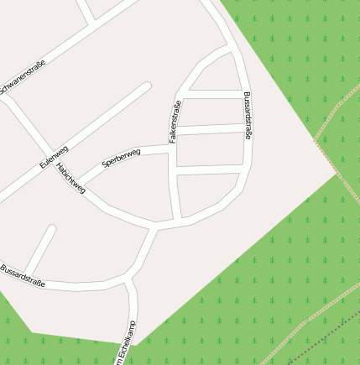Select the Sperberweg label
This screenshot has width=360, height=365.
click(123, 156)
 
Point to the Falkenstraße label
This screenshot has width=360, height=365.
click(175, 122)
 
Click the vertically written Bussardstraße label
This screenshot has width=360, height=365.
click(248, 114)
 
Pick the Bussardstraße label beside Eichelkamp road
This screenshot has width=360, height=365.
click(23, 274)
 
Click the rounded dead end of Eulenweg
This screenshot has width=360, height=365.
click(147, 86)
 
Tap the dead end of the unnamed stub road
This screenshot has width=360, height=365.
click(52, 227)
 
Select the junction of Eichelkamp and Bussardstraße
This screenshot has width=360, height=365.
click(127, 279)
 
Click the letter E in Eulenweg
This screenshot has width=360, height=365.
click(42, 164)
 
